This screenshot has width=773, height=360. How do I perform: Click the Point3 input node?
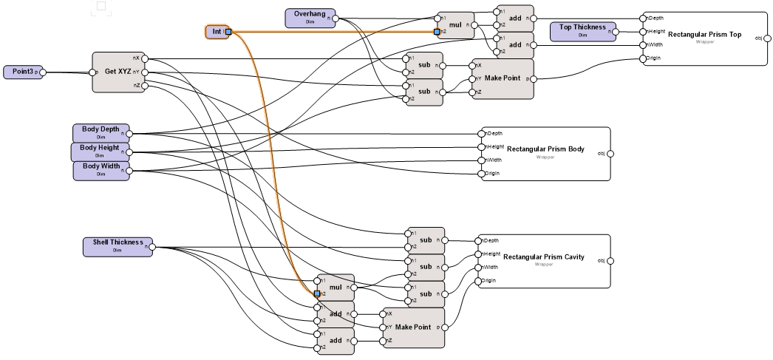[x=20, y=72]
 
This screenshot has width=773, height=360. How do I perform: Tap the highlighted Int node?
[x=216, y=32]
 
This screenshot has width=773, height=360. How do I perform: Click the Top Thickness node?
[x=582, y=31]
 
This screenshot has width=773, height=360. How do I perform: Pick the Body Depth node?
[x=101, y=133]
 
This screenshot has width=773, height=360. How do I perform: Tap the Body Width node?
[x=101, y=170]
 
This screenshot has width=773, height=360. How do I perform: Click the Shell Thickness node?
[x=117, y=246]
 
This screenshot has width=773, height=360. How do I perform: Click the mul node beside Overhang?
[x=455, y=25]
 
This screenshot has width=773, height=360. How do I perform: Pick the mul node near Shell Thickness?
[x=334, y=287]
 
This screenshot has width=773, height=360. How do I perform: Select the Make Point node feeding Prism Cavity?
[x=413, y=327]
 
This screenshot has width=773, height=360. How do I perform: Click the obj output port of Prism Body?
[x=610, y=153]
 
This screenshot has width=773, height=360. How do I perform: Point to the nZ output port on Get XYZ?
[x=146, y=86]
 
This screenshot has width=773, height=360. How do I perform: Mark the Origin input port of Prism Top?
[x=644, y=58]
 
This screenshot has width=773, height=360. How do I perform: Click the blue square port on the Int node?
[x=228, y=32]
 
